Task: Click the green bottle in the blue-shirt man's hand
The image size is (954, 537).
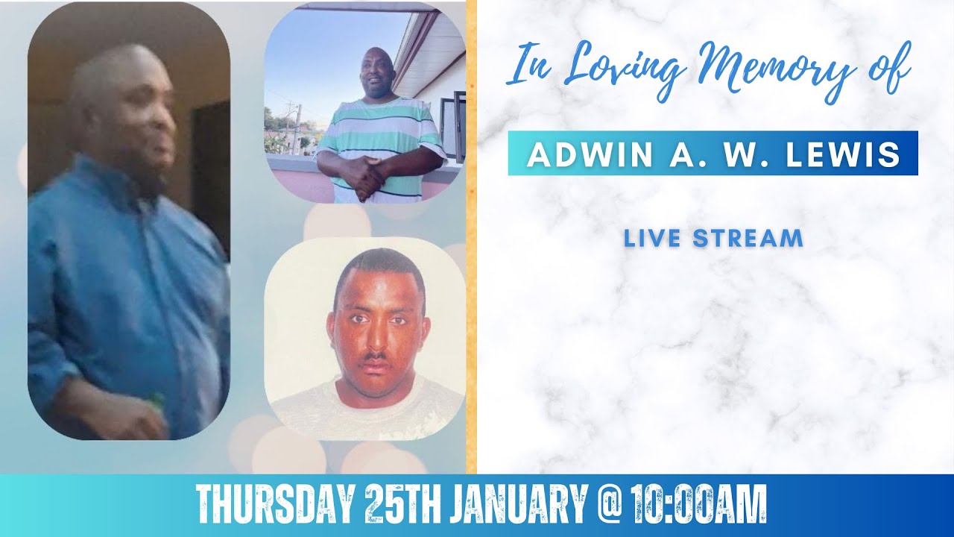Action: point(157,403)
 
